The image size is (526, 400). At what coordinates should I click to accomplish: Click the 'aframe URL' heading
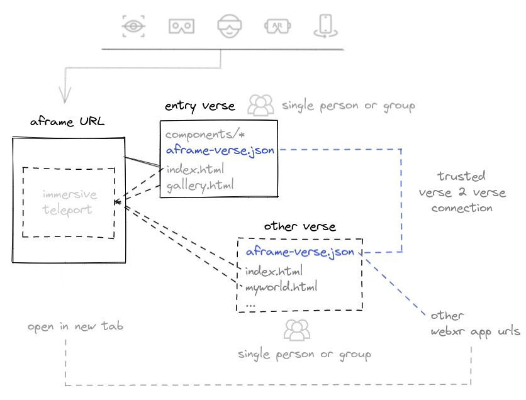point(67,121)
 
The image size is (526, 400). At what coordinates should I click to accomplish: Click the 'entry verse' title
point(199,106)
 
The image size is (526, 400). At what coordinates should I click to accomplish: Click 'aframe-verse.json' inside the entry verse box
point(220,150)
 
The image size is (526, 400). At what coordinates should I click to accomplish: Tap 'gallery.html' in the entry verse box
point(200,185)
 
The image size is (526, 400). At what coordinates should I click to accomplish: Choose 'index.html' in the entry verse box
point(195,169)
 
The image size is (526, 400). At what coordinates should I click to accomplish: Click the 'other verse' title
point(299,226)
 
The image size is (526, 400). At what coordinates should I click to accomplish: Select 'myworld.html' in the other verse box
point(281,287)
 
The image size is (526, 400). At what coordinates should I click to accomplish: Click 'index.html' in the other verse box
point(274,271)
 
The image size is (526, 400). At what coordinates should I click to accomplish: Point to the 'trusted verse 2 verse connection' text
point(462,192)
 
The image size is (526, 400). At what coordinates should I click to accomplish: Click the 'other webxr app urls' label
point(475,323)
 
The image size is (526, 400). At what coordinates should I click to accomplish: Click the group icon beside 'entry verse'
point(260,105)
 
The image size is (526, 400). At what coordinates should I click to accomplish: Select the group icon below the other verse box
point(296,330)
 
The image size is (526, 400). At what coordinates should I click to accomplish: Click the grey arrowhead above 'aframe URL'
point(64,94)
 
